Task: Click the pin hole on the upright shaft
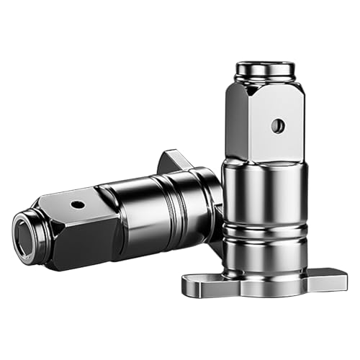(278, 125)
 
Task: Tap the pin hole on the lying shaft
(76, 204)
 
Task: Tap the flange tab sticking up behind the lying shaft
(173, 161)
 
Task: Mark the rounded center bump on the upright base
(264, 285)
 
